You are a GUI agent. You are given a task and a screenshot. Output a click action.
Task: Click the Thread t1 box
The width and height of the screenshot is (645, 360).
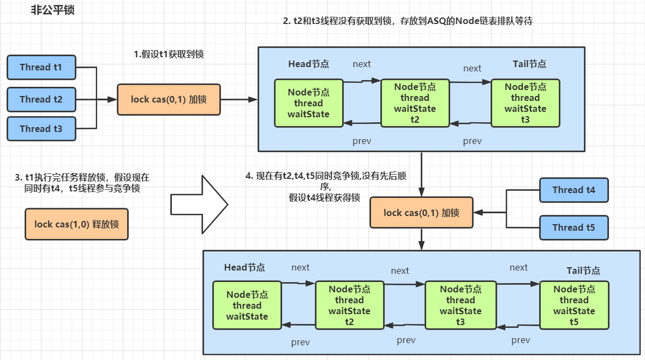tap(41, 67)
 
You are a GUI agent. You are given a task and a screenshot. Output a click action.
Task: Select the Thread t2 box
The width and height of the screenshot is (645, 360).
tap(41, 99)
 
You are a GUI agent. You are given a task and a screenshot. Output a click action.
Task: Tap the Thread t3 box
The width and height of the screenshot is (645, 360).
tap(41, 129)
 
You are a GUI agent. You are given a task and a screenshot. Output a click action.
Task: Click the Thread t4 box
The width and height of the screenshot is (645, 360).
tap(574, 190)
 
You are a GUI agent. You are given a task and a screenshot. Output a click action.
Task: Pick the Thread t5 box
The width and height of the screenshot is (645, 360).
tap(574, 227)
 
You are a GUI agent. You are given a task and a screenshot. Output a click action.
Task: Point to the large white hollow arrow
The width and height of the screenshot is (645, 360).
tap(200, 205)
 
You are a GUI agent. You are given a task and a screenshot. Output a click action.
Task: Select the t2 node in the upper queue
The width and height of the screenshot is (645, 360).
tap(415, 103)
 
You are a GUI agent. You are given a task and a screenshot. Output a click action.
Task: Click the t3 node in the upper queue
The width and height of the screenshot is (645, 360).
tap(525, 103)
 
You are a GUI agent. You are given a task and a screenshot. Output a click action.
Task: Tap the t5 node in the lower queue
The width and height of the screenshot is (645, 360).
tap(574, 305)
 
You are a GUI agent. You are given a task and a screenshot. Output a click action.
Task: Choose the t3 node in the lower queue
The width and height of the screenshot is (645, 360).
tap(461, 305)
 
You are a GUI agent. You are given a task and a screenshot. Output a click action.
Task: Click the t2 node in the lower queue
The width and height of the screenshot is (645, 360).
tap(350, 305)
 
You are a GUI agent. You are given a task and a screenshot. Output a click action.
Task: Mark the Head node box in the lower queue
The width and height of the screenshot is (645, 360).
tap(247, 305)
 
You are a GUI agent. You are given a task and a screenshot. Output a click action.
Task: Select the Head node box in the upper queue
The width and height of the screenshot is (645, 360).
tap(309, 103)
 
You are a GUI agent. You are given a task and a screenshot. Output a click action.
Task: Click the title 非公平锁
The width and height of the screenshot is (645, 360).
tap(52, 10)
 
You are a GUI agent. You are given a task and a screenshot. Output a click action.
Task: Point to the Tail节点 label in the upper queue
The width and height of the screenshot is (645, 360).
tap(529, 64)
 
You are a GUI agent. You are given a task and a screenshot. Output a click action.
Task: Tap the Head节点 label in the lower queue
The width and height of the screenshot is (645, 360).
tap(244, 267)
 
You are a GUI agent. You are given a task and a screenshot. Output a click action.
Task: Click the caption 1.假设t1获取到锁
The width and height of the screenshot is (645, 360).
tap(169, 54)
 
